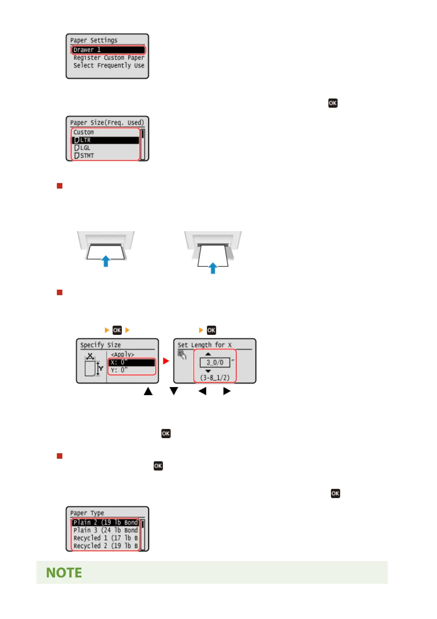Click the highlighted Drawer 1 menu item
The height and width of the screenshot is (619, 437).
(108, 50)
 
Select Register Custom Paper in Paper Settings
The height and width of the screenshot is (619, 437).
(109, 58)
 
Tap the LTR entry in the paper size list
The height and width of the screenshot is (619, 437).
(105, 140)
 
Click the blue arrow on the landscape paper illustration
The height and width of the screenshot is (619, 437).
(106, 261)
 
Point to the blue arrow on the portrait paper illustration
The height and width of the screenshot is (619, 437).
(213, 268)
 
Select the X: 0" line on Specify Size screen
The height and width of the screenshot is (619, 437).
(132, 362)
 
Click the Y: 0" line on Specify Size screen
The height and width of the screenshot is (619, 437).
(132, 370)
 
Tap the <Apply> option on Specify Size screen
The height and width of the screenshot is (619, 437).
(123, 354)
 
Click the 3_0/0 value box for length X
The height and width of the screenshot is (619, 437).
(215, 362)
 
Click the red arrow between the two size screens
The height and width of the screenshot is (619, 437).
(166, 361)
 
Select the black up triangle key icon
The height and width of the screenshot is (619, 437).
(148, 391)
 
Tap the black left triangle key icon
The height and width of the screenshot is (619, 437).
(202, 391)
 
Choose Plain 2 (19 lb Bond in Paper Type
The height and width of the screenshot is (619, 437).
(105, 522)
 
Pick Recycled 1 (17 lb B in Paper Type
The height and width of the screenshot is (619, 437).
(105, 538)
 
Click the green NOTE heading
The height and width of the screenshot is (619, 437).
(64, 573)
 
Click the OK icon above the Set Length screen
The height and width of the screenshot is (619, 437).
(211, 330)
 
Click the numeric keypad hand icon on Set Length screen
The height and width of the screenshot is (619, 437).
(182, 355)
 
